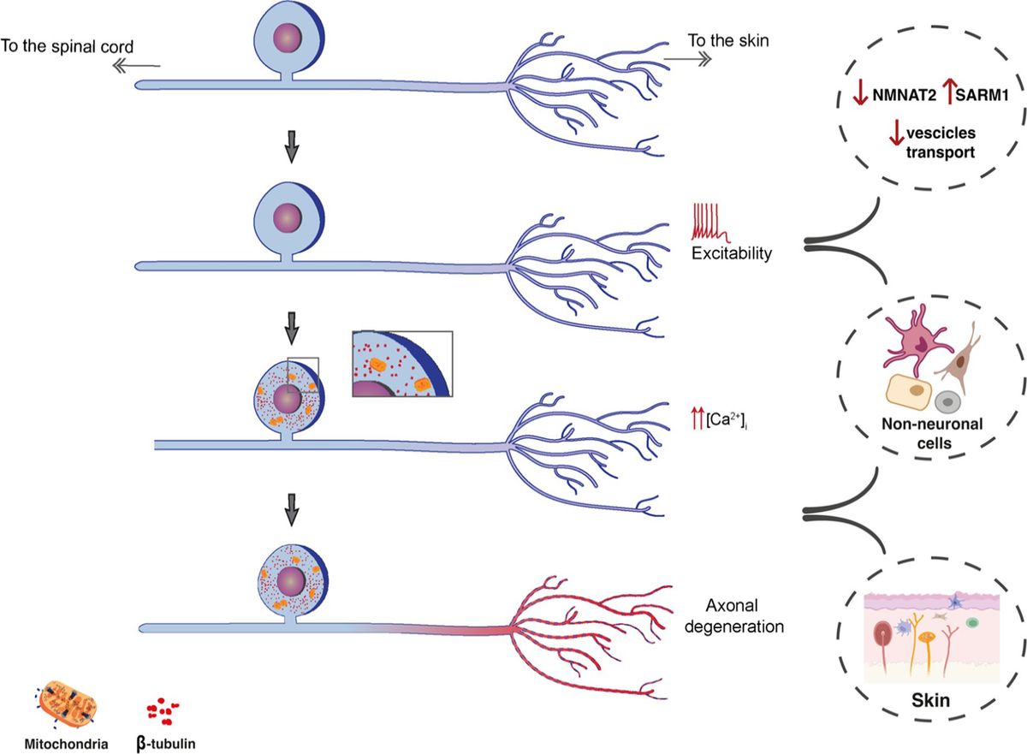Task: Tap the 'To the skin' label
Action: coord(725,39)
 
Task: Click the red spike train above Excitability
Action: coord(709,223)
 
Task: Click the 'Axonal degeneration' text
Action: coord(745,614)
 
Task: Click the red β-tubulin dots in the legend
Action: coord(163,709)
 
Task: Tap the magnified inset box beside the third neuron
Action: coord(401,363)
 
